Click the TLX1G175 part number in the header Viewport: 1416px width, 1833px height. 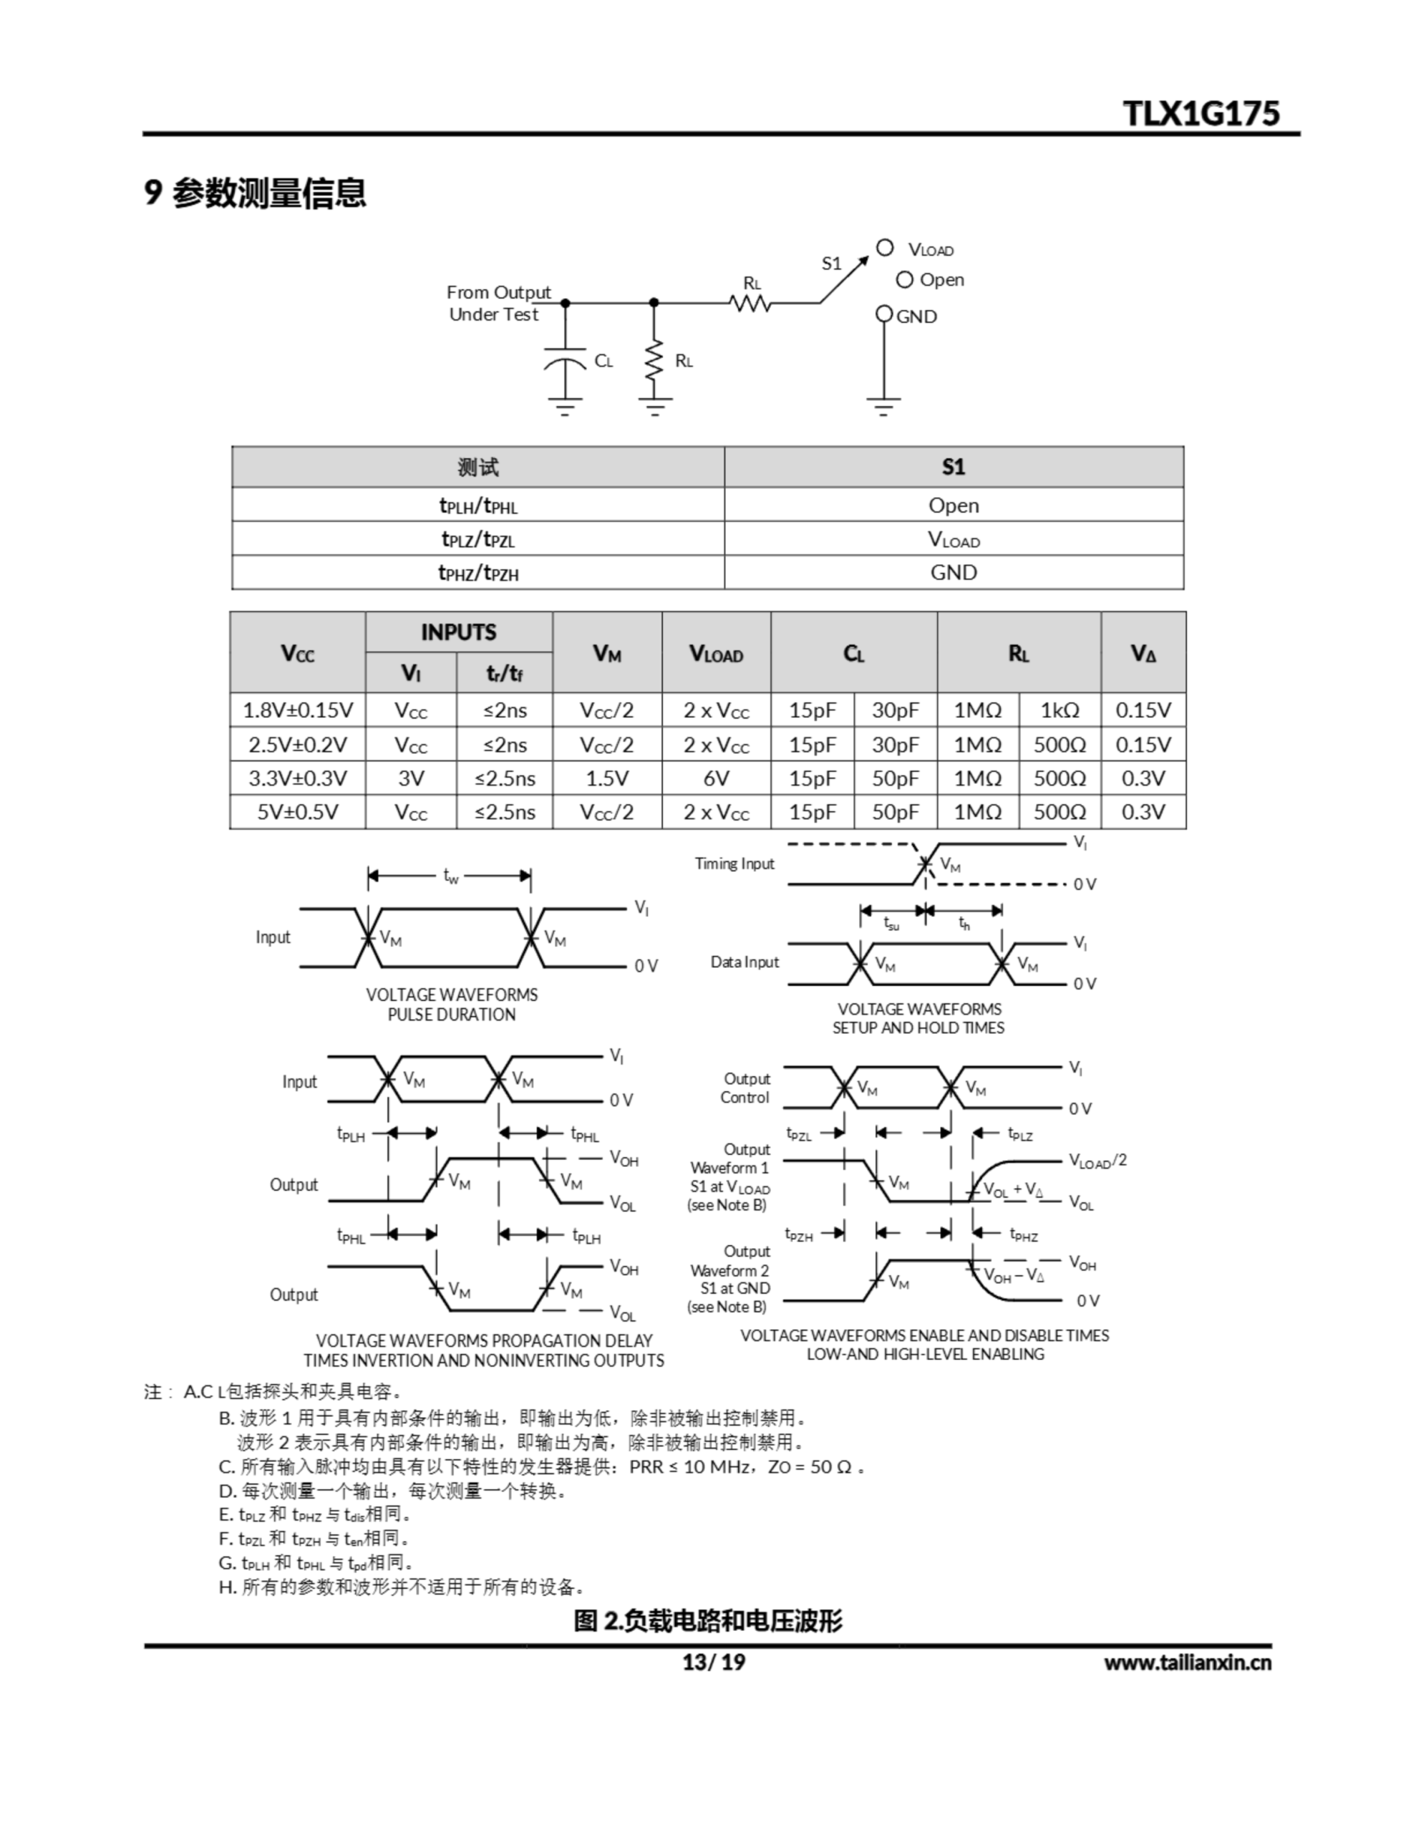[1201, 113]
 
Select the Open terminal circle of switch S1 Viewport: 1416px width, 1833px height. [904, 279]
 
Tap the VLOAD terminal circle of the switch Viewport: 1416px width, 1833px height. [885, 248]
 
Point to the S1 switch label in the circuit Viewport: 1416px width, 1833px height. [831, 263]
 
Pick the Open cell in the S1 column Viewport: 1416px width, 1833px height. [954, 506]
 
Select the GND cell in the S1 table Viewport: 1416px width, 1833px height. [954, 572]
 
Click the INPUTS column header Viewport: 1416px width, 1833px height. [458, 632]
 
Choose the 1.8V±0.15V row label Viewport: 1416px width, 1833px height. [297, 710]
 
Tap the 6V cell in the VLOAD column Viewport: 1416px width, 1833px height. [716, 778]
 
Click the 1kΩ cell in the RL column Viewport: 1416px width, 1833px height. [1059, 710]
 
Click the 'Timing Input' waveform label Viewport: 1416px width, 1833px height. [734, 864]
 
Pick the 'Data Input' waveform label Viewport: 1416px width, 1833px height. [745, 962]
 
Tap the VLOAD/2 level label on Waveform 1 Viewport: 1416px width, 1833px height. [1097, 1161]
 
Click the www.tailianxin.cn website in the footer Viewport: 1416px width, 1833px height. [1187, 1662]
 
